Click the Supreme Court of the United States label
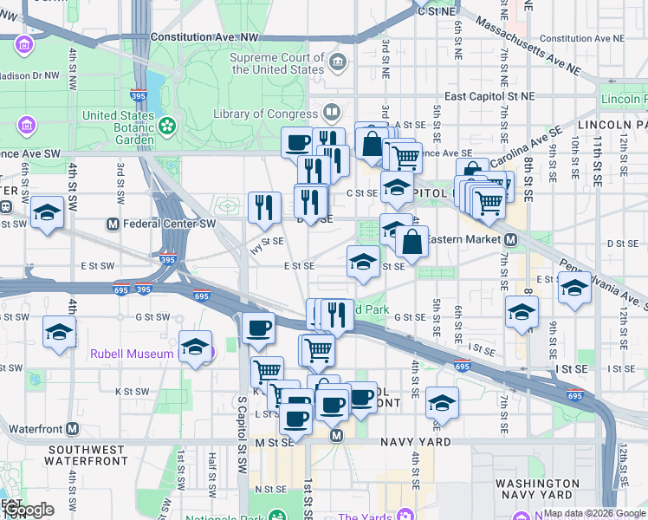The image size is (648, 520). tap(276, 63)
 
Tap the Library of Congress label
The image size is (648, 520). tap(266, 114)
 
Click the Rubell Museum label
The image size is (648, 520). tap(130, 354)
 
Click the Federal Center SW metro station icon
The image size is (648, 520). tap(112, 224)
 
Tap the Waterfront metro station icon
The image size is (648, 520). tap(73, 428)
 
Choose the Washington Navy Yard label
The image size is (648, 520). tap(537, 490)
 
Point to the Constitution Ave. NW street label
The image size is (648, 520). tap(204, 37)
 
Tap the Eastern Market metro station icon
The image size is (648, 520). tap(511, 238)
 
